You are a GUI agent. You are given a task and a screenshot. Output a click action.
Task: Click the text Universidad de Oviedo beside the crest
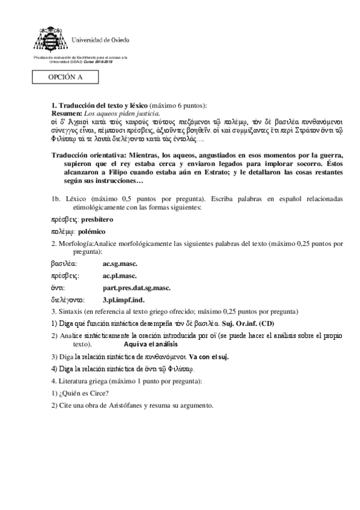100,40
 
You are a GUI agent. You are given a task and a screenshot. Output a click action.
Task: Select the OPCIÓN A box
66,78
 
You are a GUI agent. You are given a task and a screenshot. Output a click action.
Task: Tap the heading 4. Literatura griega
90,381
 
